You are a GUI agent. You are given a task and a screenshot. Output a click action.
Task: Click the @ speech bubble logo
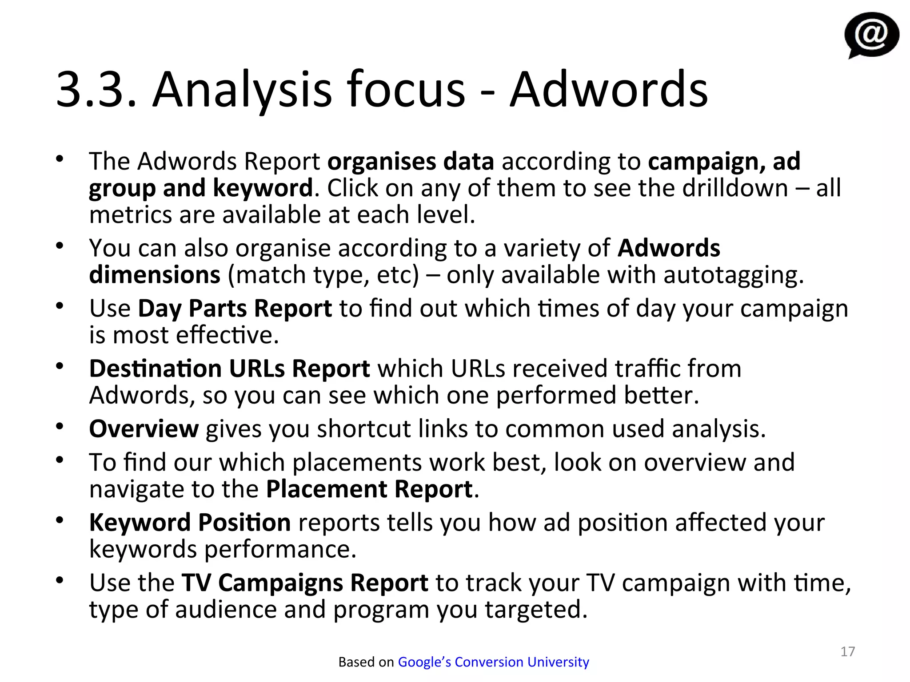[871, 35]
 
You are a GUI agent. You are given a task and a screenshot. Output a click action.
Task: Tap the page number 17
[848, 651]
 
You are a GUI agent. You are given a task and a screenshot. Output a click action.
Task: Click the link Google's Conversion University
[493, 662]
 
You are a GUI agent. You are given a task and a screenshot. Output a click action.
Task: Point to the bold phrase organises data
[411, 161]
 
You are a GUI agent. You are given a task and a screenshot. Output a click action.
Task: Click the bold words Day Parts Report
[235, 308]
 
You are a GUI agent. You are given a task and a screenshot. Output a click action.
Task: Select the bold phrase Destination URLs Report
[229, 369]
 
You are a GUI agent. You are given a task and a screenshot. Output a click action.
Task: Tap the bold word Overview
[144, 429]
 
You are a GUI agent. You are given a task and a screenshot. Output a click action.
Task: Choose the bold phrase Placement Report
[369, 489]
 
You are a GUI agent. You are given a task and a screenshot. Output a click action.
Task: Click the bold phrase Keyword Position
[190, 523]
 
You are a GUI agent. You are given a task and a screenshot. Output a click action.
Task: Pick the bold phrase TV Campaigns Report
[305, 583]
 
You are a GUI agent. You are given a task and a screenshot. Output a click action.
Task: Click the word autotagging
[733, 275]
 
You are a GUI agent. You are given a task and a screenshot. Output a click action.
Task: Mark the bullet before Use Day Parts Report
[60, 305]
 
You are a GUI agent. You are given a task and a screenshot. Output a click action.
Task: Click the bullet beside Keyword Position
[60, 520]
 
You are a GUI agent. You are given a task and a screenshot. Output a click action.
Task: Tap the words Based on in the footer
[366, 662]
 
